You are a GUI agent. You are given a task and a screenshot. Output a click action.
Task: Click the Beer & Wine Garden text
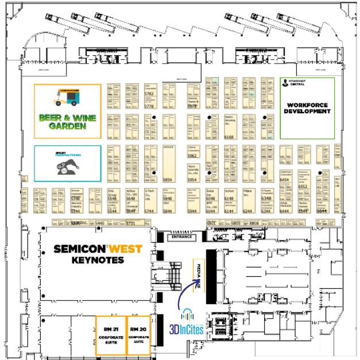pyautogui.click(x=68, y=121)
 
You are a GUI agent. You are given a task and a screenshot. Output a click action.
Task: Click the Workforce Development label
pyautogui.click(x=307, y=108)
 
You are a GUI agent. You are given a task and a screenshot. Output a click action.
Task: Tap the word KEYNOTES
pyautogui.click(x=98, y=260)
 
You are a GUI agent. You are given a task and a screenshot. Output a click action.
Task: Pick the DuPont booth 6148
pyautogui.click(x=229, y=199)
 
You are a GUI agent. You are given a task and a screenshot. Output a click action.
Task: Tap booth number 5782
pyautogui.click(x=150, y=93)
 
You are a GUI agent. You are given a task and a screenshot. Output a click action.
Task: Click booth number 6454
pyautogui.click(x=284, y=180)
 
